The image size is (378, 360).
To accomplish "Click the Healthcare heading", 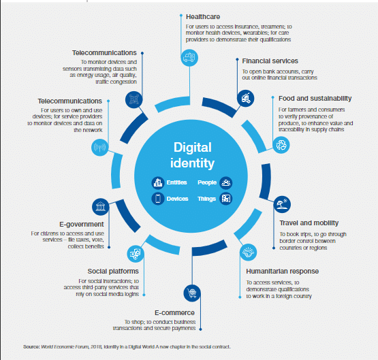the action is coord(203,17).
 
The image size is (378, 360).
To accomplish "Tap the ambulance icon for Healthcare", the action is coord(189,58).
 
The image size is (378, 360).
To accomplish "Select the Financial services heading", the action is coord(270,61).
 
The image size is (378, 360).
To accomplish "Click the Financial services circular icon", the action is coord(245,98).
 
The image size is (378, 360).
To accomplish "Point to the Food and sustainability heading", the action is coord(315,99).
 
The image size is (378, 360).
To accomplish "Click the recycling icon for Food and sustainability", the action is coord(281,145).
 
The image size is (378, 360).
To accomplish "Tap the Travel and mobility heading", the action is coord(309,223).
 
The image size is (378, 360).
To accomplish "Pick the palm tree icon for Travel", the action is coord(282,204).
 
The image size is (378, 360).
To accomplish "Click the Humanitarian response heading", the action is coord(282,272).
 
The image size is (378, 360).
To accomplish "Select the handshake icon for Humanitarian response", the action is coord(249,252).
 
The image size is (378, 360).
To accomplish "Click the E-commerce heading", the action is coord(174,313).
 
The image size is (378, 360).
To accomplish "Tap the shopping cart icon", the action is coord(192,293).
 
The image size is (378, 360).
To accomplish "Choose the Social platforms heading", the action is coord(113,272).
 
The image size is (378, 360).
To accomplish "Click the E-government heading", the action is coord(82,225).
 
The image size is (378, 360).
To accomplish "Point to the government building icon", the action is coord(101,207).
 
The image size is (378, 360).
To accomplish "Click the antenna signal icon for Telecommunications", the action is coord(100,148).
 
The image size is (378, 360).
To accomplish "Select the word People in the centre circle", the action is coord(207,182).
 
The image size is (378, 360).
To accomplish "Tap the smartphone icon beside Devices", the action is coord(158,199).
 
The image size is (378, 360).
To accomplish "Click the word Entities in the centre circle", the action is coord(176,182).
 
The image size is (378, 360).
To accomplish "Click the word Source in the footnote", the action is coord(31,347).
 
